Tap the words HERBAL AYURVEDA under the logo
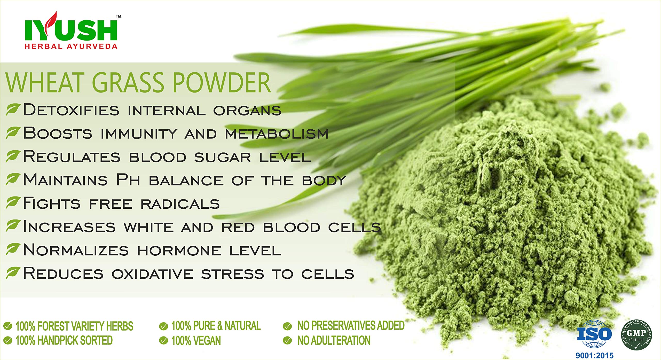click(x=71, y=46)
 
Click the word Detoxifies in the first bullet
click(x=71, y=110)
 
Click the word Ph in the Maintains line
click(x=128, y=179)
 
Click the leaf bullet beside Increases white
click(x=13, y=226)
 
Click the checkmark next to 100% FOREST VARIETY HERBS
click(x=8, y=326)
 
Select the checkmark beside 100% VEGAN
click(x=163, y=341)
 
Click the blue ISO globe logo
click(x=594, y=334)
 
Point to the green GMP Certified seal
click(x=636, y=335)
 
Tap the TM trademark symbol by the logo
click(x=119, y=16)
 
